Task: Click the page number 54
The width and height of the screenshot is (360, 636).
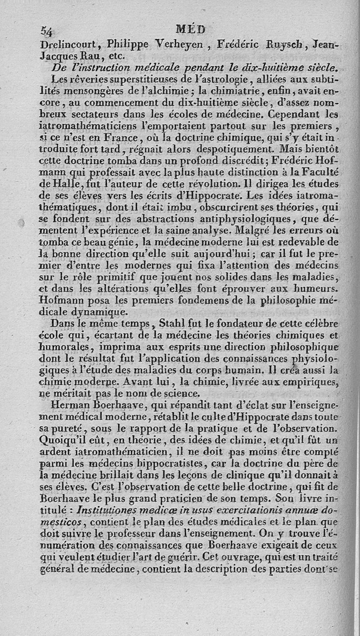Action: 47,31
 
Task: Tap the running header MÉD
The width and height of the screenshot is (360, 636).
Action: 190,30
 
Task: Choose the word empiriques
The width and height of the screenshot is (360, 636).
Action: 313,383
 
